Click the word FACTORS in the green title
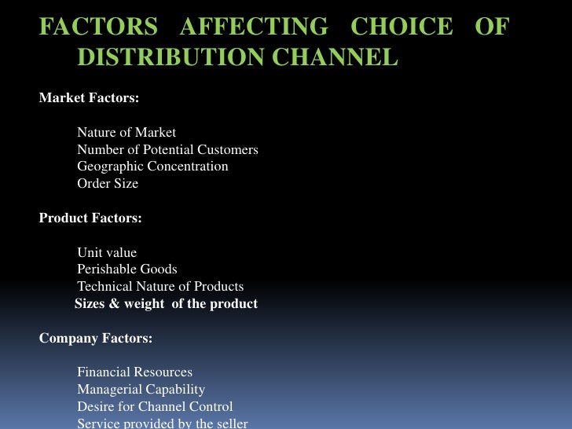98,27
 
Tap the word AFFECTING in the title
254,27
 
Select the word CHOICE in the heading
401,27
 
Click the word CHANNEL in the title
341,57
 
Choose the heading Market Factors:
89,98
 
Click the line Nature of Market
126,132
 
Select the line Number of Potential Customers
167,149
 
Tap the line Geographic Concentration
152,167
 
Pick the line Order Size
108,184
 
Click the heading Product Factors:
90,218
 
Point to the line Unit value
107,252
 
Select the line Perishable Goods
127,269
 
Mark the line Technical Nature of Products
160,287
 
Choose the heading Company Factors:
96,339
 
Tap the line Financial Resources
134,372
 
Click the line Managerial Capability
141,390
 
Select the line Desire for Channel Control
155,407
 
